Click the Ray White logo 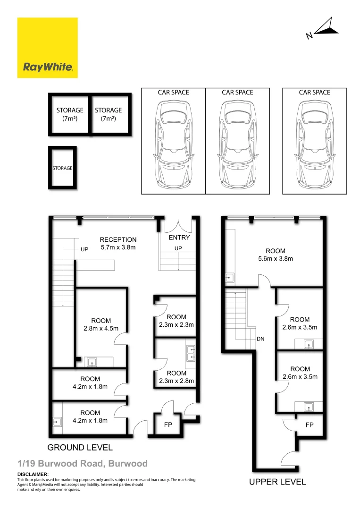[47, 48]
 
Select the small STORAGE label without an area [62, 168]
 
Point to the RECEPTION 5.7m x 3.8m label [118, 243]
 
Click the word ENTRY [179, 238]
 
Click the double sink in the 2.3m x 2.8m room [191, 354]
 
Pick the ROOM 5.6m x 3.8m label [275, 255]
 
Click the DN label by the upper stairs [260, 339]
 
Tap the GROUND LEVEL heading [80, 447]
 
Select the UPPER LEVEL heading [277, 482]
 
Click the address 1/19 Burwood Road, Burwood [83, 464]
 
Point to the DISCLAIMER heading [33, 474]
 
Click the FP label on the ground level [167, 425]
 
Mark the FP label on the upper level [310, 425]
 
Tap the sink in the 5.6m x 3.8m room [229, 278]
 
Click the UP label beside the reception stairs [84, 249]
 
